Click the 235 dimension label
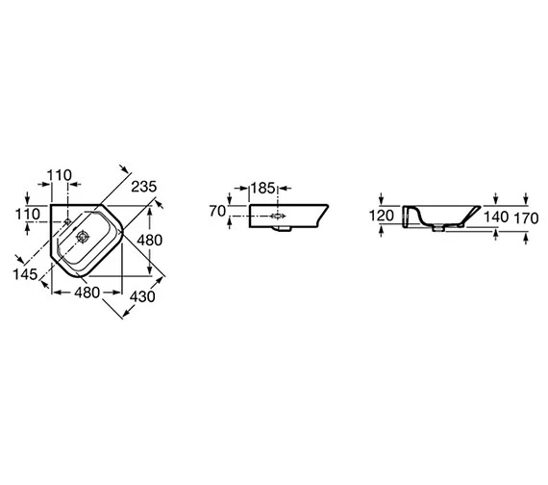(x=144, y=187)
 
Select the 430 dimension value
(x=142, y=296)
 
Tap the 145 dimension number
(x=25, y=274)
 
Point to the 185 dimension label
(x=262, y=189)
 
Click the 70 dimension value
(x=217, y=211)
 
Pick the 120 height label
(x=382, y=216)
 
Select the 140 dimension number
(x=496, y=217)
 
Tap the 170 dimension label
(x=526, y=218)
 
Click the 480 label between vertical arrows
(x=150, y=241)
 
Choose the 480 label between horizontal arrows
(x=87, y=293)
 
